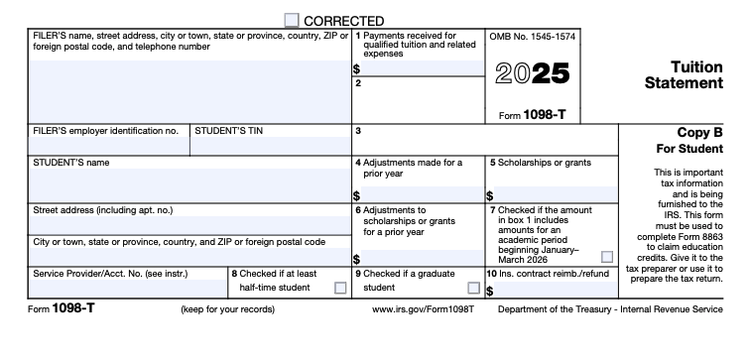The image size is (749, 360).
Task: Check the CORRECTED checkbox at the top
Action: [292, 20]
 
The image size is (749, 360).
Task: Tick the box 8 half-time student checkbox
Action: [340, 288]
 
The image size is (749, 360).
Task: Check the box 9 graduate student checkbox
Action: [472, 288]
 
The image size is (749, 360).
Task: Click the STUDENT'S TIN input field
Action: [270, 146]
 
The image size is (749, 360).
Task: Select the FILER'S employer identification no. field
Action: [108, 146]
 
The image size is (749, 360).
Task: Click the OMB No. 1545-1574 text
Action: [533, 37]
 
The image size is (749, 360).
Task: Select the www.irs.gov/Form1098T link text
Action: [423, 309]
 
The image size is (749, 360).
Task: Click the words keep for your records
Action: [227, 309]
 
